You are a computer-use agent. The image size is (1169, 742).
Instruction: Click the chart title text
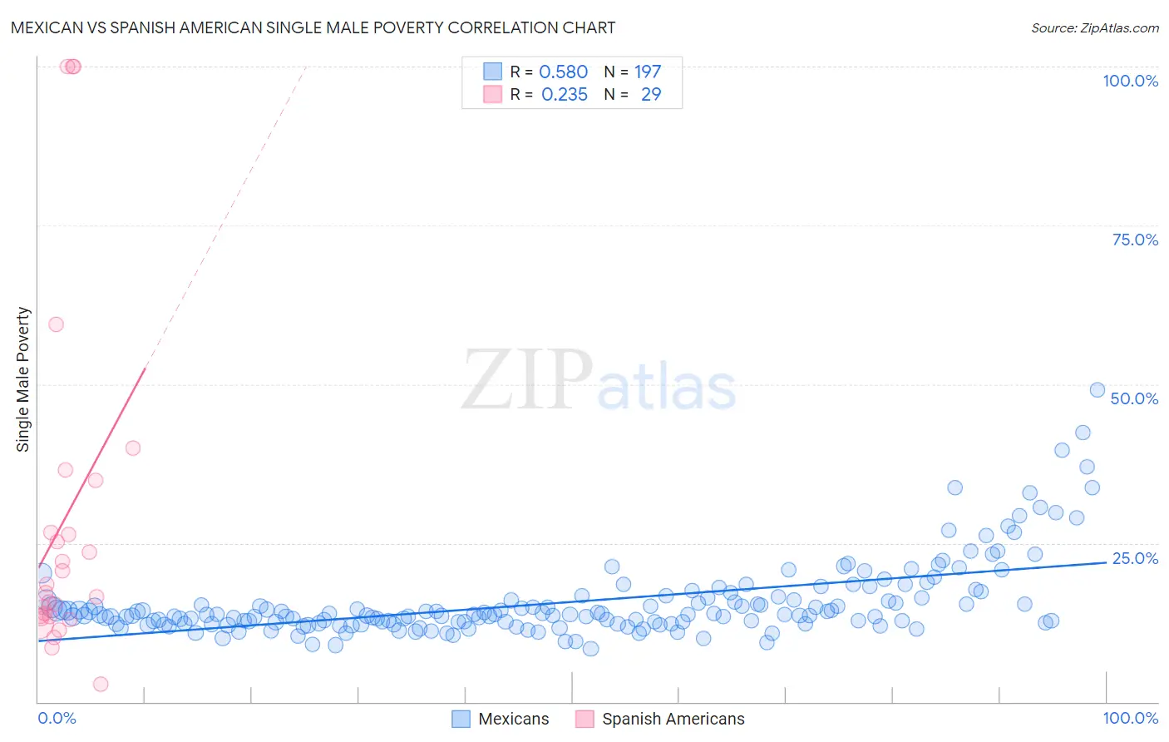(313, 27)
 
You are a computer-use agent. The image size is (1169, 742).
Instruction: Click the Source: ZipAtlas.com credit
(1094, 27)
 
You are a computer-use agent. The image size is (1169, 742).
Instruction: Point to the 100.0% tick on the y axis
(1130, 81)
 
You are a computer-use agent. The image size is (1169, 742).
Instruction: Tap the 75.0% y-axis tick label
(1135, 240)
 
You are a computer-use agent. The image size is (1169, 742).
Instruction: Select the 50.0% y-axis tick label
(1134, 398)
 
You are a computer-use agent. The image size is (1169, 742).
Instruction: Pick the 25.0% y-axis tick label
(1135, 558)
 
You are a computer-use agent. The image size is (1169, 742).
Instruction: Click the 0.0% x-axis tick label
(57, 718)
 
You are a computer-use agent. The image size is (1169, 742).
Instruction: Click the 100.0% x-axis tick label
(1130, 718)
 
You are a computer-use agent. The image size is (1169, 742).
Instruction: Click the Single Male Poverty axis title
(23, 379)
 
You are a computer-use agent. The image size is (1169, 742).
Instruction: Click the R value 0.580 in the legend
(563, 72)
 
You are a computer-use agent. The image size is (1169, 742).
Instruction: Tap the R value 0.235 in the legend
(564, 95)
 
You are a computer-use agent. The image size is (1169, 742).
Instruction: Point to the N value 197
(648, 72)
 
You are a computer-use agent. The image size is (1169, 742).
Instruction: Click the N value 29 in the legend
(651, 95)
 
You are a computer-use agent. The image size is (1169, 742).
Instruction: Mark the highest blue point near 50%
(1097, 390)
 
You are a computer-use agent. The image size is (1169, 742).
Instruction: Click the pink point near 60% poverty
(56, 324)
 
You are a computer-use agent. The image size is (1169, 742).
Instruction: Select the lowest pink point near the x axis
(101, 684)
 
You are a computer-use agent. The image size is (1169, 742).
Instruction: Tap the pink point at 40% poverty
(132, 448)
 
